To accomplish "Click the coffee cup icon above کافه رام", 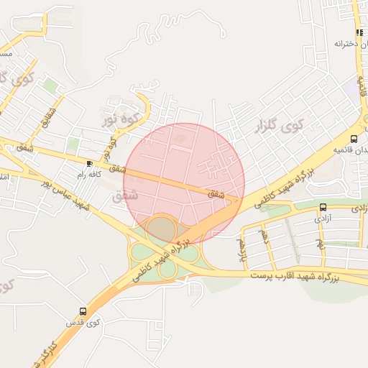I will click(x=89, y=163).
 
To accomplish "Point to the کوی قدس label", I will click(x=82, y=322).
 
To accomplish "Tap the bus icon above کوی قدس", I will click(x=83, y=311).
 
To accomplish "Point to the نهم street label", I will click(x=321, y=244).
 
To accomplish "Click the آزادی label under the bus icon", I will click(x=323, y=217).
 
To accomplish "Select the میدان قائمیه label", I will click(x=352, y=151).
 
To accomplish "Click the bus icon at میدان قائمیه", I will click(x=354, y=139).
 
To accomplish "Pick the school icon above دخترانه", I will click(x=359, y=33).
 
